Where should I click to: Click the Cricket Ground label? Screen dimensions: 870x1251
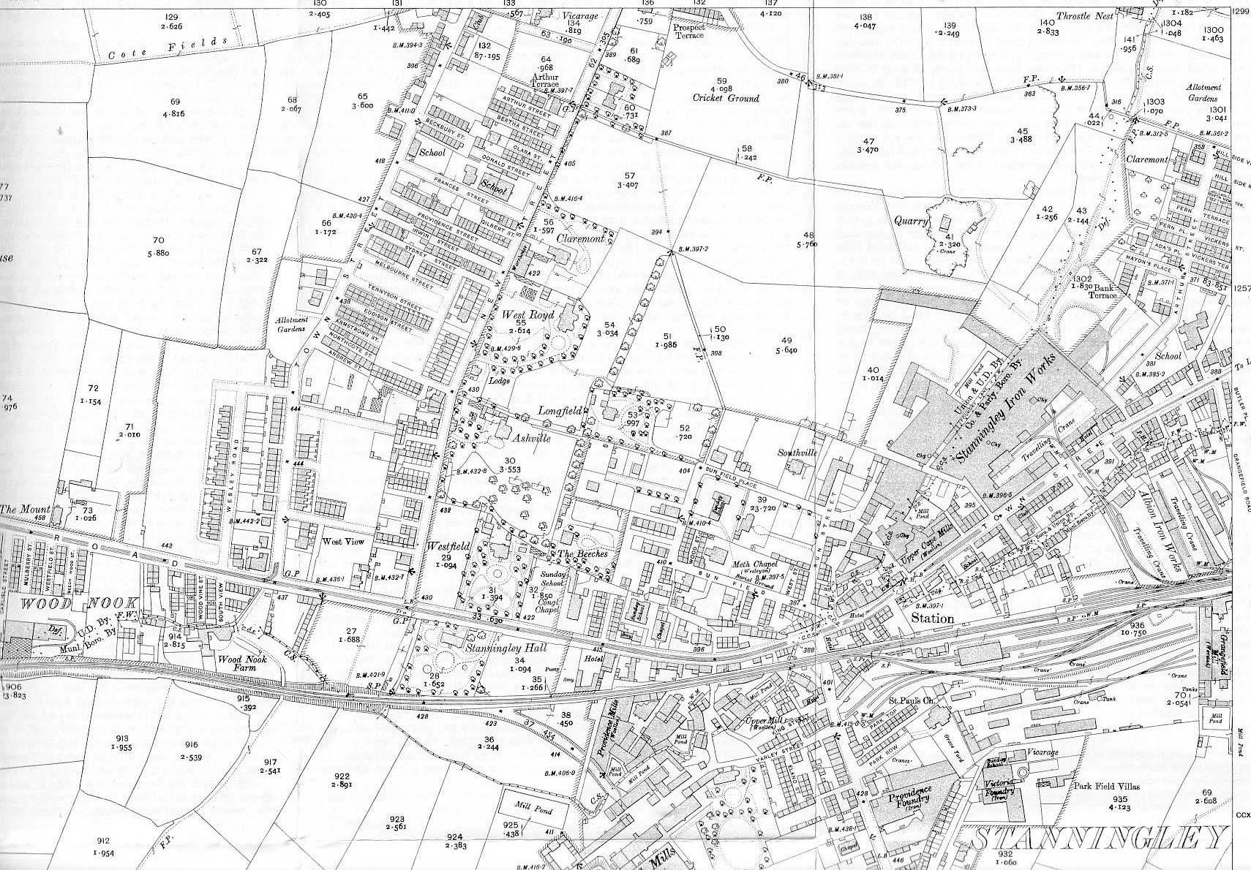coord(727,98)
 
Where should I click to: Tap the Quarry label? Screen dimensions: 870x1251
coord(910,220)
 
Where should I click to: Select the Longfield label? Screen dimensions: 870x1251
coord(560,412)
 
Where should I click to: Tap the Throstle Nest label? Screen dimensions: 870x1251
coord(1086,16)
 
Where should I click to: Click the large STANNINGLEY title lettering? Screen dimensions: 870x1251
coord(1097,838)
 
